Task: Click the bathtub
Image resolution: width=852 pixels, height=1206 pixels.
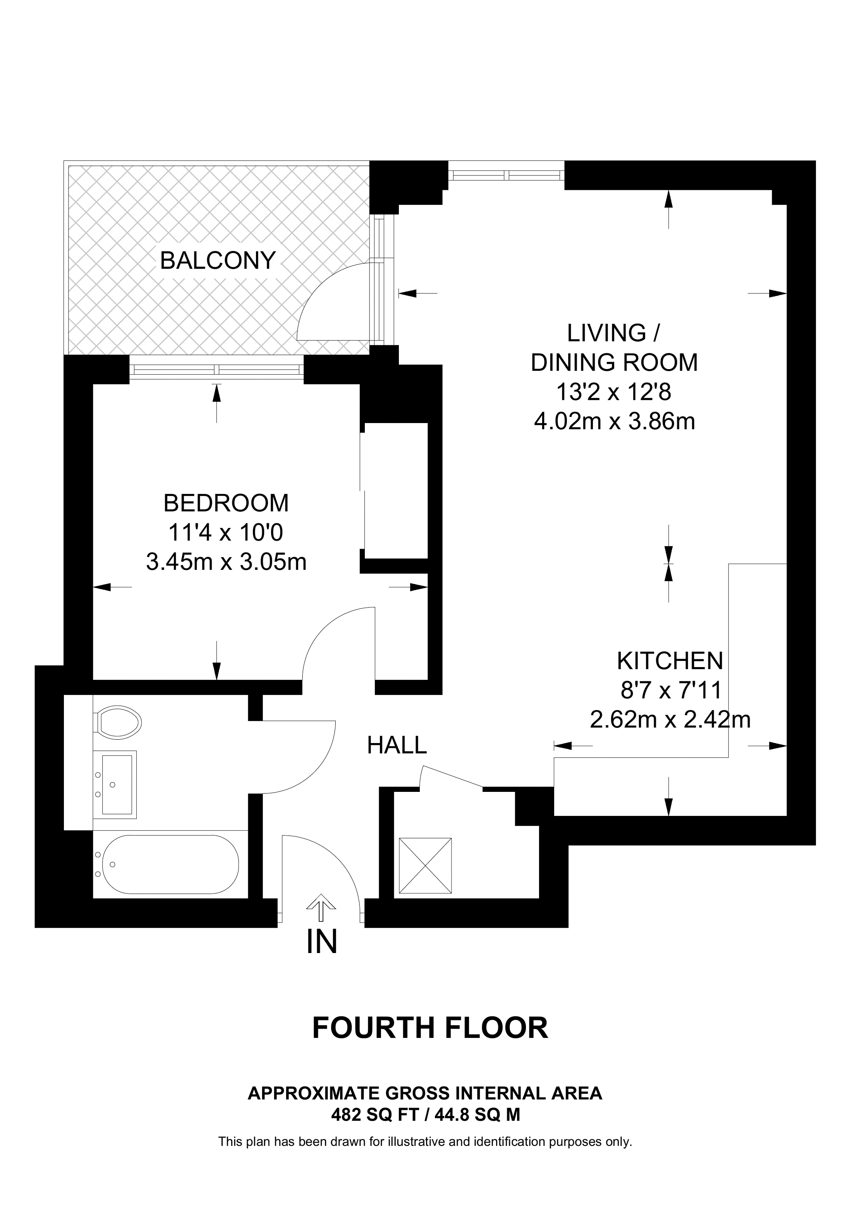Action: pos(170,864)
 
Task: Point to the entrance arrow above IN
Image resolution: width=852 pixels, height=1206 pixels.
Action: pos(321,909)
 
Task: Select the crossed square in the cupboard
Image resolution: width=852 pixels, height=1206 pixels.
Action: pos(425,865)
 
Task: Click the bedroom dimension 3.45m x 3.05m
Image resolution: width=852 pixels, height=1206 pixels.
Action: pos(226,562)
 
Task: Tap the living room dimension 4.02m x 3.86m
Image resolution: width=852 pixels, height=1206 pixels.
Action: pos(614,421)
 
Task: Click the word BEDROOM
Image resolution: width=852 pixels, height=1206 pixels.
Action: pos(226,503)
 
